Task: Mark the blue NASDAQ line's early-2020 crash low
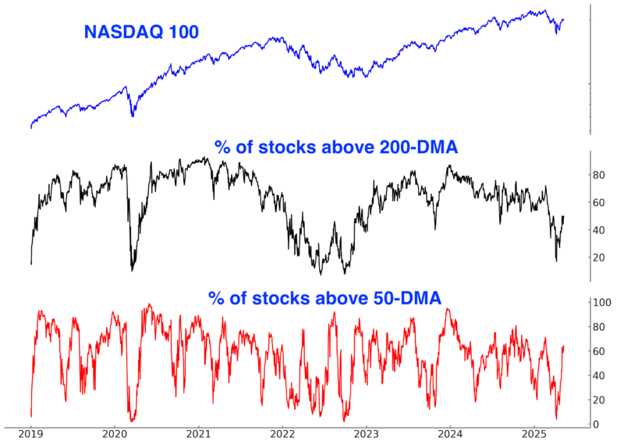click(x=133, y=116)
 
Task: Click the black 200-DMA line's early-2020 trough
click(x=132, y=270)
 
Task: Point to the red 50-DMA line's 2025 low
click(x=556, y=419)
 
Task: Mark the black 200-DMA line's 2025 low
click(x=556, y=261)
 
